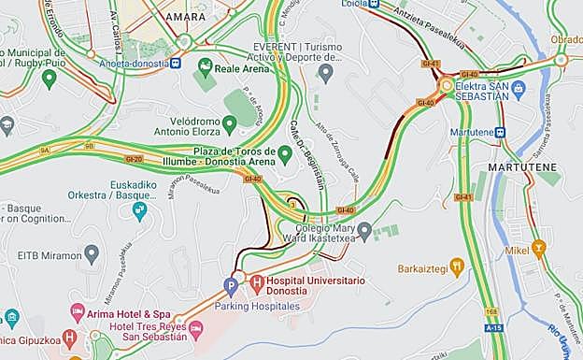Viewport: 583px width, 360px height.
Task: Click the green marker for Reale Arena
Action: coord(206,65)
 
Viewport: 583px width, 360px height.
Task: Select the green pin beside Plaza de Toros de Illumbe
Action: coord(285,152)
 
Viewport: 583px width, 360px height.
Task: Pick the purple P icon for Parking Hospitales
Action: coord(231,285)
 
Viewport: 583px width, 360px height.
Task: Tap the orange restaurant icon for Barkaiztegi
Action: coord(456,266)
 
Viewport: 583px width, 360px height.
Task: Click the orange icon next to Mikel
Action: coord(538,248)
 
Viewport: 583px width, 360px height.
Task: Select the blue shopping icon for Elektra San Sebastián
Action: coord(519,88)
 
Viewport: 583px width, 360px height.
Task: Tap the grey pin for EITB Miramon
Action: coord(92,252)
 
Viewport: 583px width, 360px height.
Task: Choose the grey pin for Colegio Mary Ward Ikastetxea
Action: coord(365,229)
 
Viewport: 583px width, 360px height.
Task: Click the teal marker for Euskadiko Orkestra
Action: coord(140,210)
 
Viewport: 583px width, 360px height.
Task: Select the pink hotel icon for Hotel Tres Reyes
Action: coord(195,327)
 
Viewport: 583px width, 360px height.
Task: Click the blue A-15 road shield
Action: coord(493,328)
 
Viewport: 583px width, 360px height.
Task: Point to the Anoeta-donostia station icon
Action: coord(176,64)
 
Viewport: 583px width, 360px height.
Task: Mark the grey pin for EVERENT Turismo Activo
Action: coord(326,71)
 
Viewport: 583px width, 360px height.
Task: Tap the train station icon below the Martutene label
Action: coord(500,132)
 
